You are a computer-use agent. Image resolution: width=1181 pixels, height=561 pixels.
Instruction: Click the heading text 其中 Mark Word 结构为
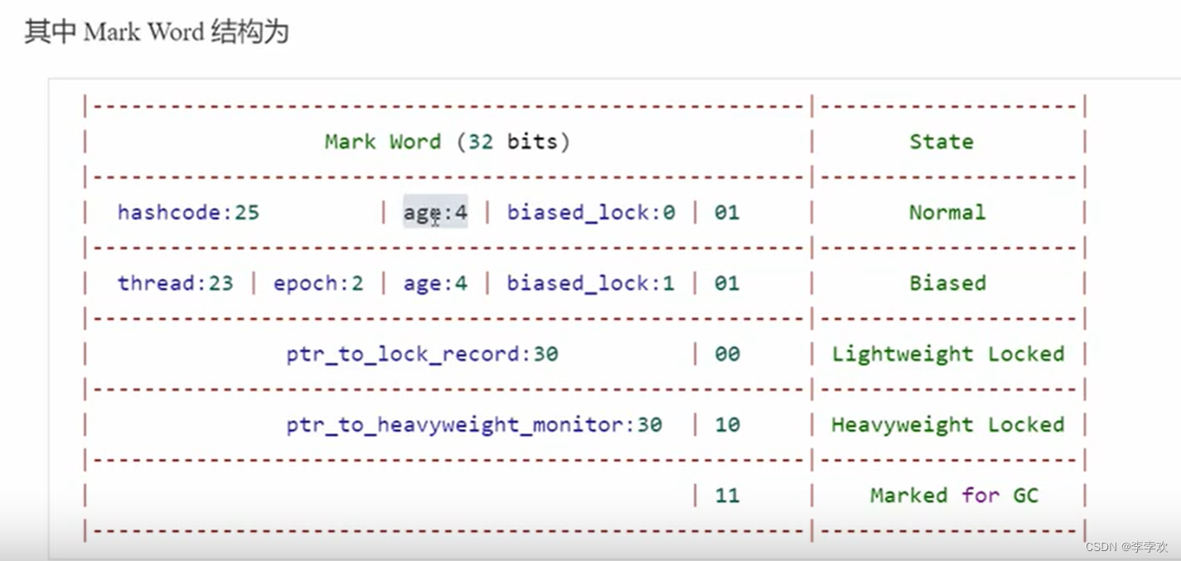tap(156, 32)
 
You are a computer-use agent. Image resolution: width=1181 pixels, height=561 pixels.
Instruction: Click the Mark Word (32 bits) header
tap(447, 142)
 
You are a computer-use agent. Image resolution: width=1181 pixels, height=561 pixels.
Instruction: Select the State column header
tap(941, 142)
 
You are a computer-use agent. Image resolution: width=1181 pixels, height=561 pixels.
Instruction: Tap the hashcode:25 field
tap(188, 213)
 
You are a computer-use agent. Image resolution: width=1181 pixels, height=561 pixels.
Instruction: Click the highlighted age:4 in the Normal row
tap(435, 213)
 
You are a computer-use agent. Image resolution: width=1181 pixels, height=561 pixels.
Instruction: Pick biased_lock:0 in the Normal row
tap(591, 213)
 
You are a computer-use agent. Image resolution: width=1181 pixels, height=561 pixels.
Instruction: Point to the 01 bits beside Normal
tap(726, 213)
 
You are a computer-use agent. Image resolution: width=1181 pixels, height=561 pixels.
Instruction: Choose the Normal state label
tap(947, 213)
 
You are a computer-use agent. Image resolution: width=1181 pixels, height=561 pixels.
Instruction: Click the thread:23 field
tap(175, 283)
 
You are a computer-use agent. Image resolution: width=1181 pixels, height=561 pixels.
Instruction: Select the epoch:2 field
tap(318, 283)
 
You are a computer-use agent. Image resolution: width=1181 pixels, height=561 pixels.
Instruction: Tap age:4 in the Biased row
tap(435, 283)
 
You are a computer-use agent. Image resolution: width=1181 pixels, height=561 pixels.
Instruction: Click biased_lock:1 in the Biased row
tap(591, 283)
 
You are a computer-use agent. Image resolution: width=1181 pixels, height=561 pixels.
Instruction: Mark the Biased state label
tap(947, 283)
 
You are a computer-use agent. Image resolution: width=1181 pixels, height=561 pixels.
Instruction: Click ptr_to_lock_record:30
tap(422, 355)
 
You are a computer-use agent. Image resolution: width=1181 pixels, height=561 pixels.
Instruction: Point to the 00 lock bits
tap(726, 355)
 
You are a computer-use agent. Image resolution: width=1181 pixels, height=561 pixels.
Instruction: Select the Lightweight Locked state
tap(947, 355)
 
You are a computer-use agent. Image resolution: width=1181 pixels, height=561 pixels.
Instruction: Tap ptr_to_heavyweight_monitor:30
tap(474, 425)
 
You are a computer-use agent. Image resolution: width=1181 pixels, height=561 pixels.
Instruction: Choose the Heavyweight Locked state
tap(947, 425)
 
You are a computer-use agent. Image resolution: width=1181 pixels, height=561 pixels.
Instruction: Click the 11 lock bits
tap(726, 496)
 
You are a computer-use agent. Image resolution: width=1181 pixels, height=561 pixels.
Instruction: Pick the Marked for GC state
tap(954, 496)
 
